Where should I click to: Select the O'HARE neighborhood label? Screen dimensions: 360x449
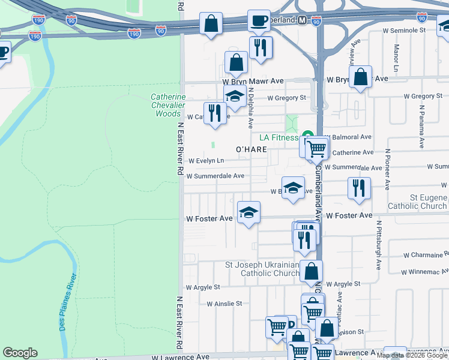(251, 149)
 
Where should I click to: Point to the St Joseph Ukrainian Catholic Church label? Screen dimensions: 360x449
(262, 269)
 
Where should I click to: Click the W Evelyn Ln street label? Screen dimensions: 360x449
(206, 161)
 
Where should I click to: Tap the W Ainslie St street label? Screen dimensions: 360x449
(224, 304)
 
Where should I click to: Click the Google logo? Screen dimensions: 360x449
(20, 353)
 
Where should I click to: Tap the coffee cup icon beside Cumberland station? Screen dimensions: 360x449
(259, 21)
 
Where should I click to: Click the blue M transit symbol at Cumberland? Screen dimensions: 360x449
(301, 20)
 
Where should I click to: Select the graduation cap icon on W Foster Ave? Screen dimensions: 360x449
(249, 212)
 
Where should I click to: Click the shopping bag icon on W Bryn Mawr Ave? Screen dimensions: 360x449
(360, 77)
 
